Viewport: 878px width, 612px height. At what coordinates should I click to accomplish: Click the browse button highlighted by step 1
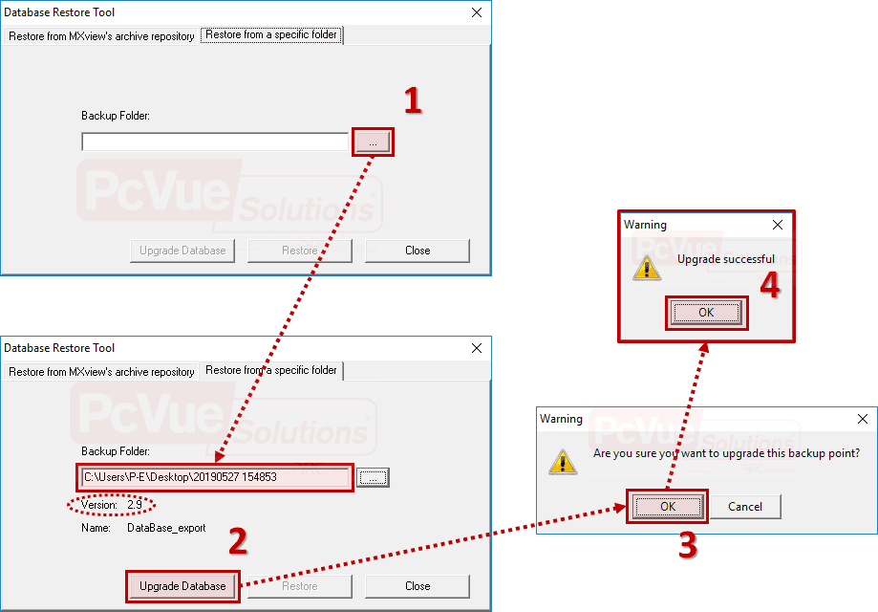pyautogui.click(x=373, y=142)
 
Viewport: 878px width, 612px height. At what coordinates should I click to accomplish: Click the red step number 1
pyautogui.click(x=413, y=100)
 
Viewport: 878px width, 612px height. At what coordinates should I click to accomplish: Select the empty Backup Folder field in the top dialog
pyautogui.click(x=215, y=142)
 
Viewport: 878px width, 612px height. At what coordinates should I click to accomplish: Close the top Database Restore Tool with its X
pyautogui.click(x=477, y=12)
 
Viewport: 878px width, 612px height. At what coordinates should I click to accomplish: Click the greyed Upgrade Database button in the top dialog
pyautogui.click(x=182, y=251)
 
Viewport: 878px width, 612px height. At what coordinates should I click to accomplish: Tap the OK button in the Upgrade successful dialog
pyautogui.click(x=706, y=312)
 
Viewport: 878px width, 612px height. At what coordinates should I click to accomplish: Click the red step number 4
pyautogui.click(x=770, y=285)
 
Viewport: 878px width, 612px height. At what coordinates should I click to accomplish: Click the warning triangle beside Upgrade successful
pyautogui.click(x=647, y=268)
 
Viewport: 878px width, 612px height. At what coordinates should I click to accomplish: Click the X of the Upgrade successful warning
pyautogui.click(x=778, y=225)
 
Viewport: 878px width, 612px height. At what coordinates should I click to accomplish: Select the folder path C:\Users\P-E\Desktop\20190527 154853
pyautogui.click(x=181, y=477)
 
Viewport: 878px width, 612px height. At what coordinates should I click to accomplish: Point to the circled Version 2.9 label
pyautogui.click(x=112, y=505)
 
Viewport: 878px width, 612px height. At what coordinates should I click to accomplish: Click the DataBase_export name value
pyautogui.click(x=166, y=528)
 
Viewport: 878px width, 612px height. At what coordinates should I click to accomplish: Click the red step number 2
pyautogui.click(x=238, y=541)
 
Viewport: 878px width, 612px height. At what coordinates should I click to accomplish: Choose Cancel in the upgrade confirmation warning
pyautogui.click(x=745, y=507)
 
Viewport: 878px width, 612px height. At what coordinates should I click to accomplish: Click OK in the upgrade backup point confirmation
pyautogui.click(x=668, y=507)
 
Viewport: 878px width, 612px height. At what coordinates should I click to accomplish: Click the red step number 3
pyautogui.click(x=688, y=545)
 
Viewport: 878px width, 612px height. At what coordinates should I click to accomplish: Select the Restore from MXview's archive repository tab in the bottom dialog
pyautogui.click(x=101, y=372)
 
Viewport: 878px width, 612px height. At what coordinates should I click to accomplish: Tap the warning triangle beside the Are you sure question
pyautogui.click(x=563, y=462)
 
